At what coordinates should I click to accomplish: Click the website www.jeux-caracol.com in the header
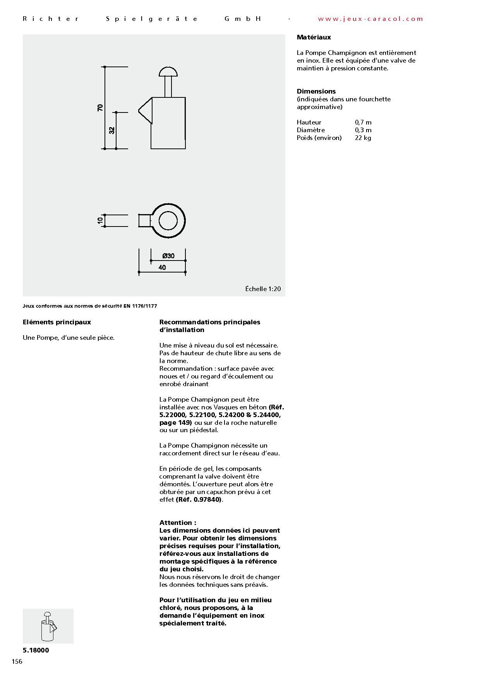[370, 19]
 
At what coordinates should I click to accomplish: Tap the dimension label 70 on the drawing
[100, 108]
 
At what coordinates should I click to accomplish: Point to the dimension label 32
[112, 130]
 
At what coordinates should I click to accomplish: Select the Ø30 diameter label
[168, 256]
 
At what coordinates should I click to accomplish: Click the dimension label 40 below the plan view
[162, 267]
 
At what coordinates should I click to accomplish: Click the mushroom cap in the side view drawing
[168, 72]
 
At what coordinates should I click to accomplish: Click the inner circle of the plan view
[168, 220]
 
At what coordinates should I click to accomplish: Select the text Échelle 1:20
[263, 289]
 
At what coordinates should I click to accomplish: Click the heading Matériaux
[314, 37]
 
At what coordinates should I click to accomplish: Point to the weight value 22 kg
[363, 138]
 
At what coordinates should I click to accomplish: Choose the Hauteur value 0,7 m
[363, 123]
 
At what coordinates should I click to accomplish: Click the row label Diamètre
[311, 130]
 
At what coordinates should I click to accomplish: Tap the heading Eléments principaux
[57, 322]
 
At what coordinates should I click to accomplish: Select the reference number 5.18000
[36, 650]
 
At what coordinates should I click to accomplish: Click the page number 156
[17, 661]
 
